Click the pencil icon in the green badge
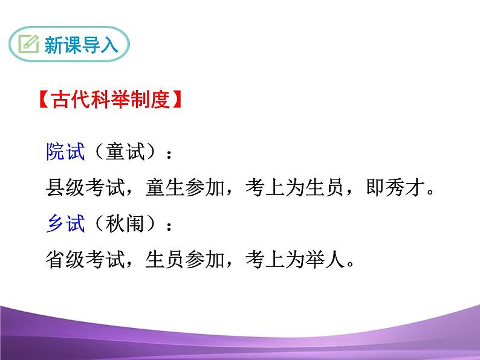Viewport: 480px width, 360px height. point(28,45)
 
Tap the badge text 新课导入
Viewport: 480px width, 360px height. point(81,45)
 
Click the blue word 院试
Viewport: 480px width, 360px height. point(65,153)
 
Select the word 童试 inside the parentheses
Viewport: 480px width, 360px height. point(126,153)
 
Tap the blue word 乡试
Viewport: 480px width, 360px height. point(65,224)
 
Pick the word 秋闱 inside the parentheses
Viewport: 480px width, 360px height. point(126,224)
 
